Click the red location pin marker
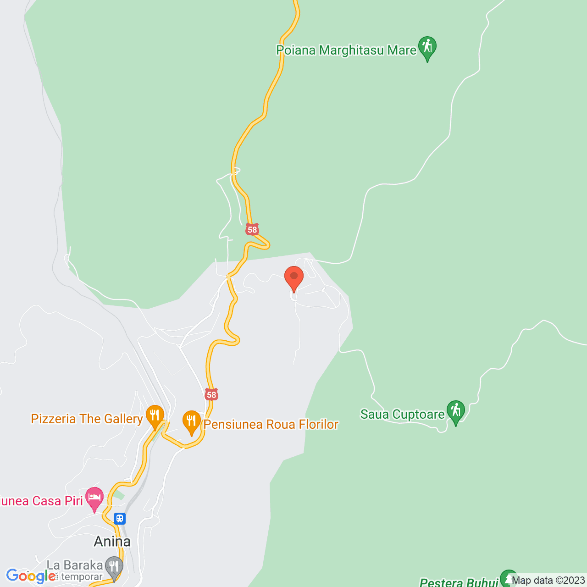[x=294, y=277]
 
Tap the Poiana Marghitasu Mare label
[x=346, y=50]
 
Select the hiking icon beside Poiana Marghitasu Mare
[x=427, y=47]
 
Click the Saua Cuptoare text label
[x=402, y=414]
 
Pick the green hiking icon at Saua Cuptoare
[x=456, y=411]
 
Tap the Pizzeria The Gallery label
[x=87, y=419]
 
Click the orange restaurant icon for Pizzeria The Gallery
[x=155, y=416]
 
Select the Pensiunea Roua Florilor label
[x=271, y=424]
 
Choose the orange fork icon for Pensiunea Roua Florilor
[x=192, y=421]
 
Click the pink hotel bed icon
[x=94, y=498]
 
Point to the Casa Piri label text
[x=41, y=500]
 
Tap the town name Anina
[x=112, y=542]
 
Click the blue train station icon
[x=120, y=519]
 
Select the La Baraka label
[x=74, y=565]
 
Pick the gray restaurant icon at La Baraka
[x=114, y=567]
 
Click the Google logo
[x=31, y=576]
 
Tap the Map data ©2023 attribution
[x=548, y=581]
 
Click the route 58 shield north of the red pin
[x=252, y=229]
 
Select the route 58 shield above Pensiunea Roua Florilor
[x=211, y=394]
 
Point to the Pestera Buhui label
[x=459, y=582]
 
